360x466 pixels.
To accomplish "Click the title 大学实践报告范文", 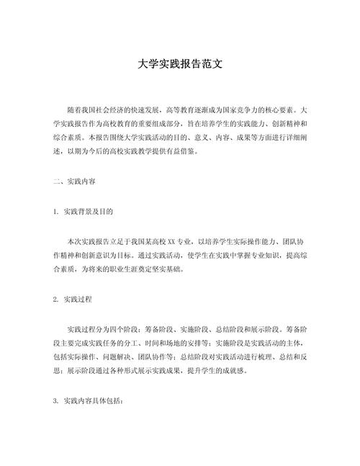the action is pyautogui.click(x=180, y=63).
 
